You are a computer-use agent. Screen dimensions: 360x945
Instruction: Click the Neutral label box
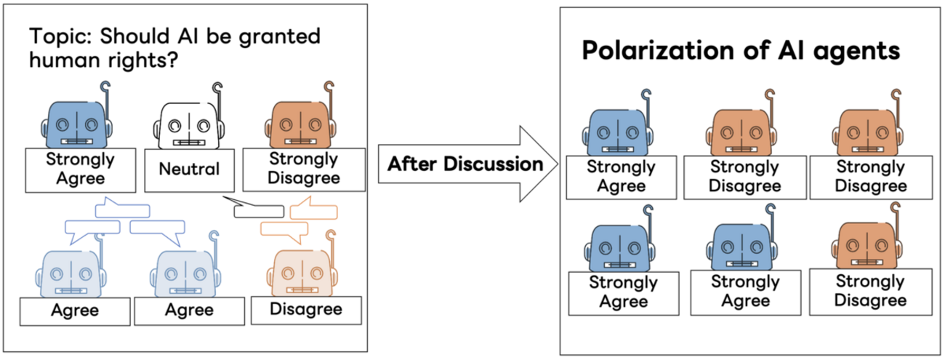189,170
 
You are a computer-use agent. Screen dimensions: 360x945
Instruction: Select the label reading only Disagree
306,309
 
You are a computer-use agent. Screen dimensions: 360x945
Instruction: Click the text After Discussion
465,164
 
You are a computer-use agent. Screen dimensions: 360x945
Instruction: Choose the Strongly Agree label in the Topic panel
80,169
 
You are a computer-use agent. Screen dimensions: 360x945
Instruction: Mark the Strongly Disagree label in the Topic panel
304,169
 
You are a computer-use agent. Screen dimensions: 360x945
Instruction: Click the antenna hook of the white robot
216,89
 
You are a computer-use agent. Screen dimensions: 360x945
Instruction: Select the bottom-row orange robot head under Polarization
865,244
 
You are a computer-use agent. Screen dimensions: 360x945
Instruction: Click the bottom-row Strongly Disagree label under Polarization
870,291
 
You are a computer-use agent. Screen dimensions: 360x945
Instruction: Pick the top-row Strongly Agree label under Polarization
622,177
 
